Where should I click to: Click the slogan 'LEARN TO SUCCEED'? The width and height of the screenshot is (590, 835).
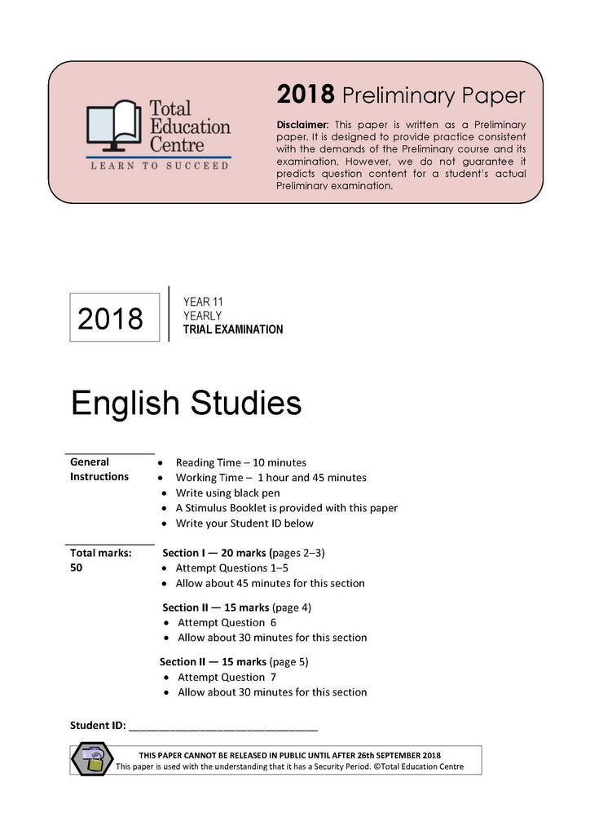tap(158, 166)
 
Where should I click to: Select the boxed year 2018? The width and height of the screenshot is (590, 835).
tap(111, 318)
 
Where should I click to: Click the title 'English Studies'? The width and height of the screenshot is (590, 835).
tap(186, 404)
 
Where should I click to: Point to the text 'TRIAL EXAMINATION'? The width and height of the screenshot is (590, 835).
tap(233, 330)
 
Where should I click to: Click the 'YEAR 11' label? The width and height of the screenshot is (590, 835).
tap(203, 302)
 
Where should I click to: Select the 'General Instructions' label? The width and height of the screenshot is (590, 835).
tap(99, 469)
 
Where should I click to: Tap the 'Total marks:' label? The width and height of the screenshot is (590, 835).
tap(100, 553)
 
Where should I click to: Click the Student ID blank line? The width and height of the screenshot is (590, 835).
tap(223, 726)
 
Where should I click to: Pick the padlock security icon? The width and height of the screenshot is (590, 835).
tap(94, 760)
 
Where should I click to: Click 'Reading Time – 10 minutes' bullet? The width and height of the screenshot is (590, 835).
tap(240, 462)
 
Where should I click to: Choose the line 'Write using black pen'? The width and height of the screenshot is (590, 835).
tap(227, 493)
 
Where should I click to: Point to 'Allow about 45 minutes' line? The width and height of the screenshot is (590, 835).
tap(271, 583)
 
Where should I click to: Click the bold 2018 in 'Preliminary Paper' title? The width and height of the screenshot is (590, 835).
tap(306, 95)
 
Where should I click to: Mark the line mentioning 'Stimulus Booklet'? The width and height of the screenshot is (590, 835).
tap(286, 508)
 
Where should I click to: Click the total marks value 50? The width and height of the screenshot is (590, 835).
tap(77, 568)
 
